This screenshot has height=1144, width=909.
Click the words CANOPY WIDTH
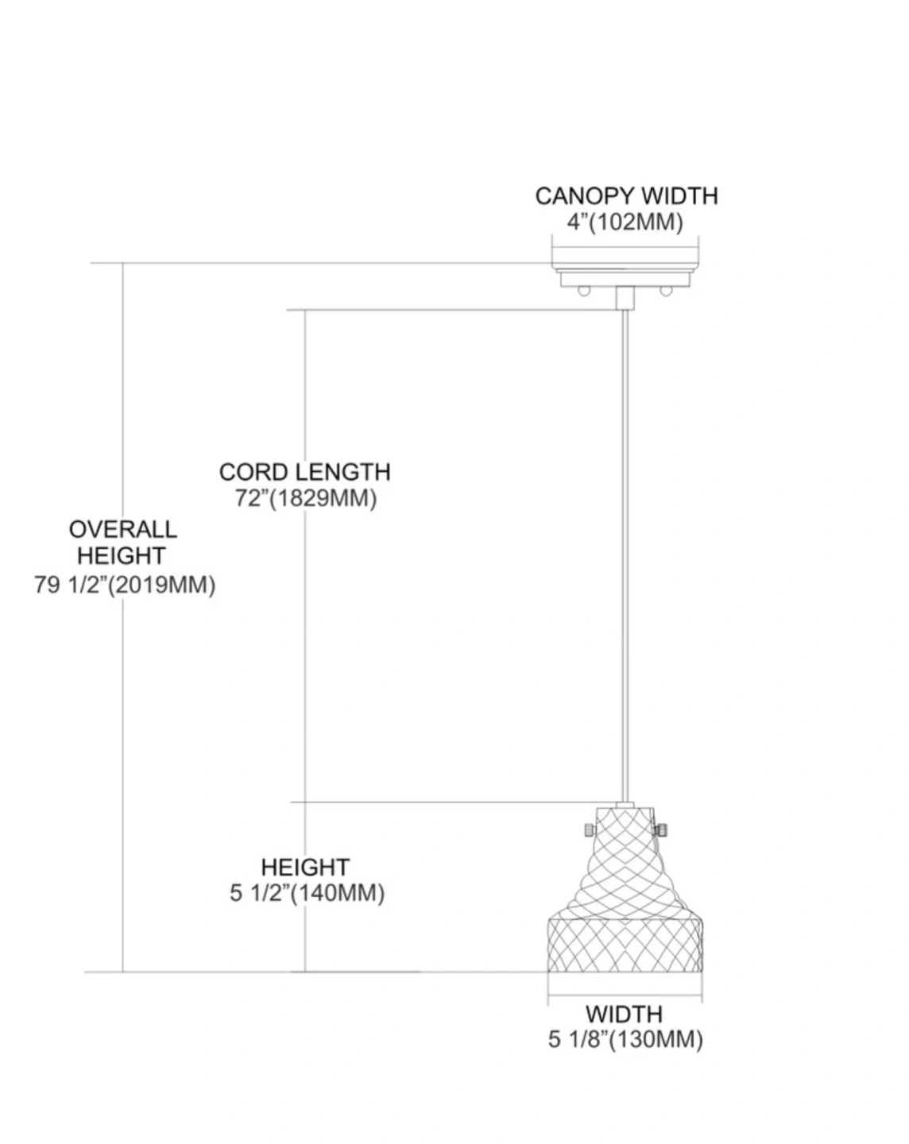[x=625, y=196]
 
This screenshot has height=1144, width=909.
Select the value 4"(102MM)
[x=625, y=222]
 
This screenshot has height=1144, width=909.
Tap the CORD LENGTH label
[x=304, y=472]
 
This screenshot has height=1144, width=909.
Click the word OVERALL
[x=123, y=529]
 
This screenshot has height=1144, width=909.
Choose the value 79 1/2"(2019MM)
[x=125, y=585]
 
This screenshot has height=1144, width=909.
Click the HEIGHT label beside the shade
[x=305, y=867]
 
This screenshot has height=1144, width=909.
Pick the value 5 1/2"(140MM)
[x=307, y=893]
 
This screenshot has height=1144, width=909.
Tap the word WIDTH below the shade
[x=624, y=1014]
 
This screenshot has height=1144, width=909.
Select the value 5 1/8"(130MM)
[x=625, y=1039]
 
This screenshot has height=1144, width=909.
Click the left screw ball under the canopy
[x=585, y=291]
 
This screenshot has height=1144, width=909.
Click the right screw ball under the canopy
[x=666, y=291]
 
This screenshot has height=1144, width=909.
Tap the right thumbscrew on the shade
[x=660, y=830]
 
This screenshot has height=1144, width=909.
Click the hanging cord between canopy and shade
[x=625, y=556]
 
